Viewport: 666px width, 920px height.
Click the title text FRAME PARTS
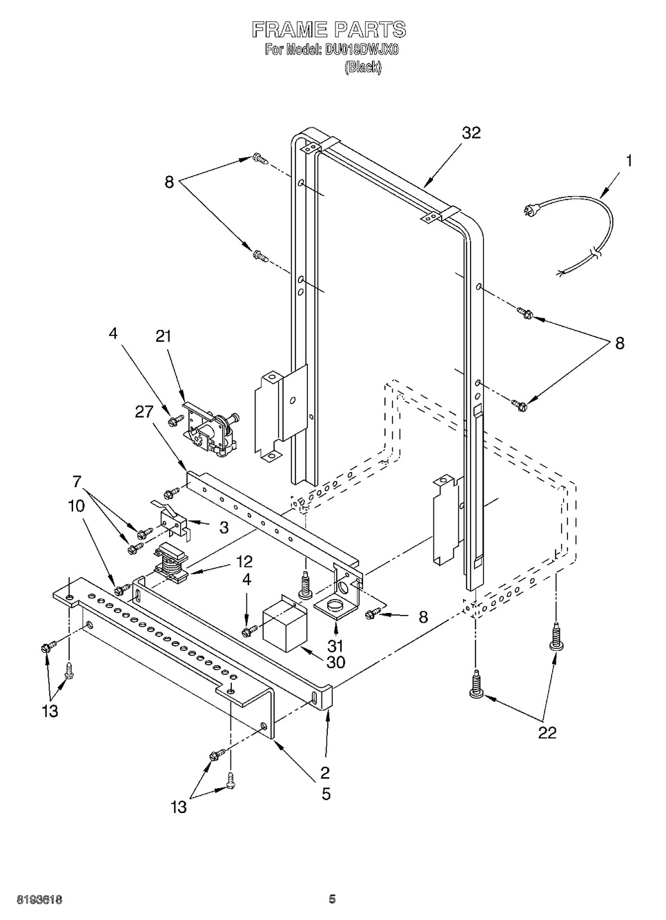[329, 30]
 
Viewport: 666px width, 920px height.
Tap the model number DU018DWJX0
[362, 50]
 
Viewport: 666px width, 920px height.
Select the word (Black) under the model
[362, 67]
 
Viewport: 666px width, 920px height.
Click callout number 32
[471, 133]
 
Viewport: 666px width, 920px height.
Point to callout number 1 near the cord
[629, 161]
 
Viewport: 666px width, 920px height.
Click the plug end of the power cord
[528, 213]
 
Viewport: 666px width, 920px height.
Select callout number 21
[163, 337]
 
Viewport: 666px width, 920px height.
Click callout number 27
[144, 412]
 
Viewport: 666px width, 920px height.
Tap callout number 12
[244, 561]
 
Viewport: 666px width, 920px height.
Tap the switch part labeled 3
[170, 519]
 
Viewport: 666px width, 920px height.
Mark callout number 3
[224, 527]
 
